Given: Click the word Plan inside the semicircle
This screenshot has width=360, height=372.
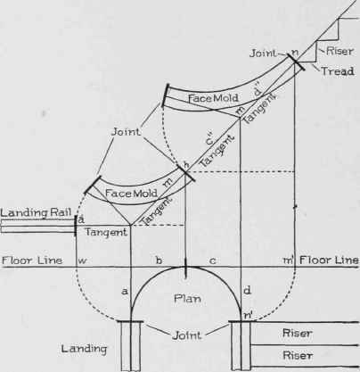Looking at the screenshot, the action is pos(187,298).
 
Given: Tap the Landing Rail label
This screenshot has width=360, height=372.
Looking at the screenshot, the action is pos(36,212).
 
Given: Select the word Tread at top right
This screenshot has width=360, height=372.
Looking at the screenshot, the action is pos(338,71).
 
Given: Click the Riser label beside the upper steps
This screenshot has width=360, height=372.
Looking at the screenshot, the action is pos(340,51).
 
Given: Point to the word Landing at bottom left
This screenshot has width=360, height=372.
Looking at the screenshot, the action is pos(84,349).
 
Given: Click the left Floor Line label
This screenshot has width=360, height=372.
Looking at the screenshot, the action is pos(32,260).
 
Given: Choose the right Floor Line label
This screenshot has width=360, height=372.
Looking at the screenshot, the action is pos(329,260).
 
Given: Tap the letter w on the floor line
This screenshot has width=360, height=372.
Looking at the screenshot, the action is pos(82,260).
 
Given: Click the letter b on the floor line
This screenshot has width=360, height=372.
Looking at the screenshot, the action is pos(160,260).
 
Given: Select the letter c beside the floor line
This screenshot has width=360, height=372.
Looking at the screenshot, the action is pos(212,261).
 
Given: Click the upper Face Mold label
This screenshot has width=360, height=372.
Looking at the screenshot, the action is pos(213,98).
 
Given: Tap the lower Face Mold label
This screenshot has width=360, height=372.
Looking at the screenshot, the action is pos(131,194).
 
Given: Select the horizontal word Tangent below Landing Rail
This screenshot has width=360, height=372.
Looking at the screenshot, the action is pos(106,232).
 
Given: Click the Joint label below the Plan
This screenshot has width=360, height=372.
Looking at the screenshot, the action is pos(187,335).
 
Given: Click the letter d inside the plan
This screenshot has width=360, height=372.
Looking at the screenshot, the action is pos(247,290).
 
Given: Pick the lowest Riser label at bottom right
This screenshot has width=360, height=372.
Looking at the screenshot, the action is pos(297,355).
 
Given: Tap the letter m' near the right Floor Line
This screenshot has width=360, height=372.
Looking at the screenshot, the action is pos(289,260).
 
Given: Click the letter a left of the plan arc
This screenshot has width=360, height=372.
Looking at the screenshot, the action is pos(125,291).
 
